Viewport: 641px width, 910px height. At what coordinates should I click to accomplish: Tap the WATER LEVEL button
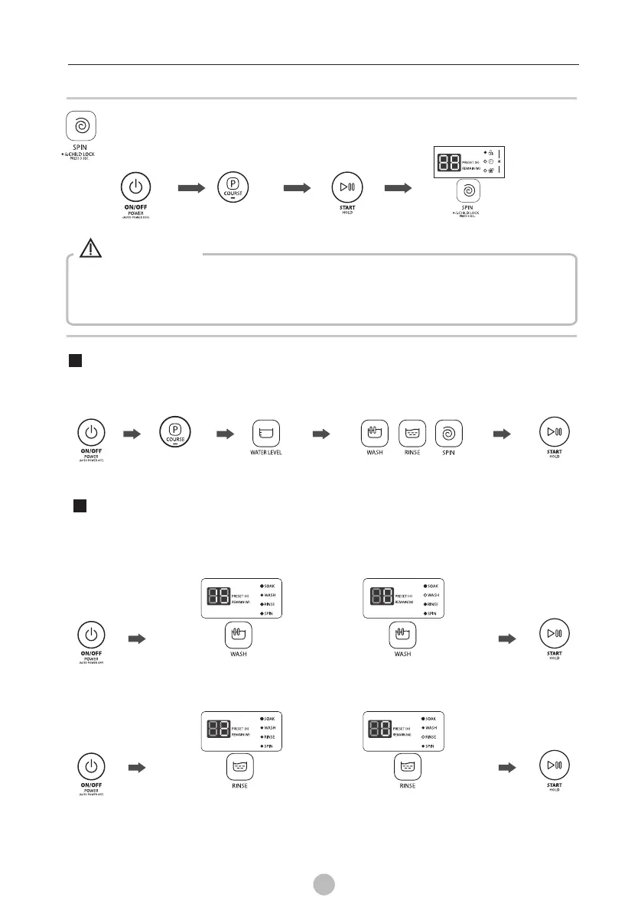click(x=265, y=434)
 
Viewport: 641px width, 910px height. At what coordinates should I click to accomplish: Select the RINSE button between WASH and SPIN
click(x=412, y=434)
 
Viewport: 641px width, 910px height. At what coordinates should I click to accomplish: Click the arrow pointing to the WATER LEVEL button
click(x=226, y=434)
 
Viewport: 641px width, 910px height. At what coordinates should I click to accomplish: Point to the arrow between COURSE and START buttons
click(x=294, y=187)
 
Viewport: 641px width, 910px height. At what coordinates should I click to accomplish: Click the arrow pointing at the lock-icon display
click(x=396, y=187)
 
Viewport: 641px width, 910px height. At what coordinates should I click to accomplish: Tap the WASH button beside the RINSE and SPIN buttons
click(x=375, y=434)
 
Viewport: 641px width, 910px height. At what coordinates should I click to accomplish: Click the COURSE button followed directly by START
click(x=232, y=187)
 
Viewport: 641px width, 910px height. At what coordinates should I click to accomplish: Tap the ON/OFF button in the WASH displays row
click(x=91, y=635)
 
